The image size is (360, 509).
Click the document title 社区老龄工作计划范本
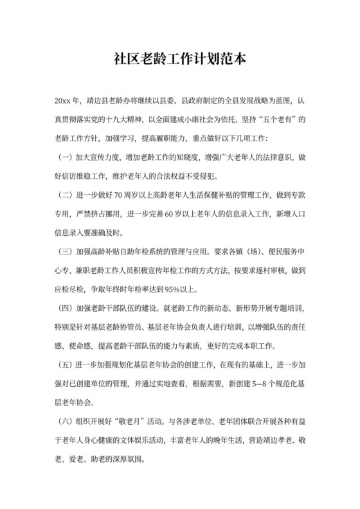(x=179, y=60)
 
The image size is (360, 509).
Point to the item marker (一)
(x=65, y=157)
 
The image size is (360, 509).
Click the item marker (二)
(x=65, y=193)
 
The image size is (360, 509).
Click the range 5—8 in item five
(x=256, y=384)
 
